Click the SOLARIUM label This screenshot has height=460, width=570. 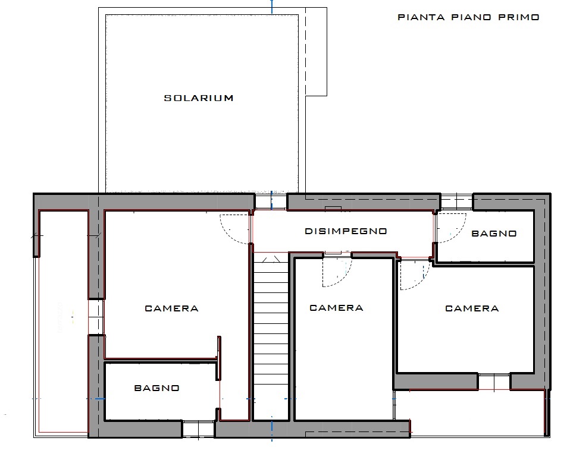point(199,98)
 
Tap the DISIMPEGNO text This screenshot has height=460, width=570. point(346,231)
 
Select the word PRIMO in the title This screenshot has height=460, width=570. point(519,17)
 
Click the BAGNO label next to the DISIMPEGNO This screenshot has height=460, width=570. point(494,234)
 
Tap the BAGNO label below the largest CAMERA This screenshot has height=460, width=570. point(156,388)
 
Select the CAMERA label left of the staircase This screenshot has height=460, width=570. point(171,308)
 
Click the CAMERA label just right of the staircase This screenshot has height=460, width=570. point(336,308)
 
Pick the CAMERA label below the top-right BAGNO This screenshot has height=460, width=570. point(472,308)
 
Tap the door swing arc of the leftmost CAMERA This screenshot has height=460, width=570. point(227,235)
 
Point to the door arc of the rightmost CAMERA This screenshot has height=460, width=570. point(422,281)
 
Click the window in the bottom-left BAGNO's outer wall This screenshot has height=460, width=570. point(198,429)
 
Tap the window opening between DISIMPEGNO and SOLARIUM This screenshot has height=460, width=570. point(271,201)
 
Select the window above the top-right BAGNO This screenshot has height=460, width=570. point(456,201)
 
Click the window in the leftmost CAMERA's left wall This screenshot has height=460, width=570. point(96,317)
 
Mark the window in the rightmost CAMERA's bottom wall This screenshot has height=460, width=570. point(494,382)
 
